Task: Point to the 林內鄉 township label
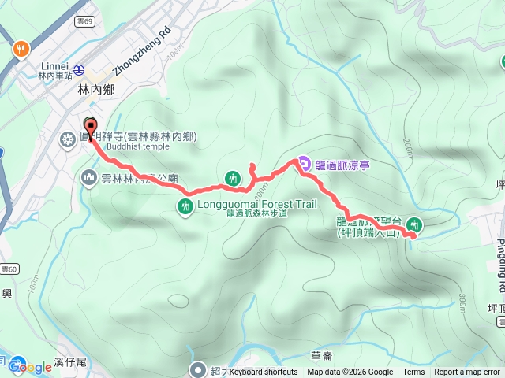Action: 96,90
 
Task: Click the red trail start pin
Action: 90,126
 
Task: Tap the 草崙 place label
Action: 322,355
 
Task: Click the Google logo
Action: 29,367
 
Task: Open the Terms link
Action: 413,372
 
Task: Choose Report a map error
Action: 467,372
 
